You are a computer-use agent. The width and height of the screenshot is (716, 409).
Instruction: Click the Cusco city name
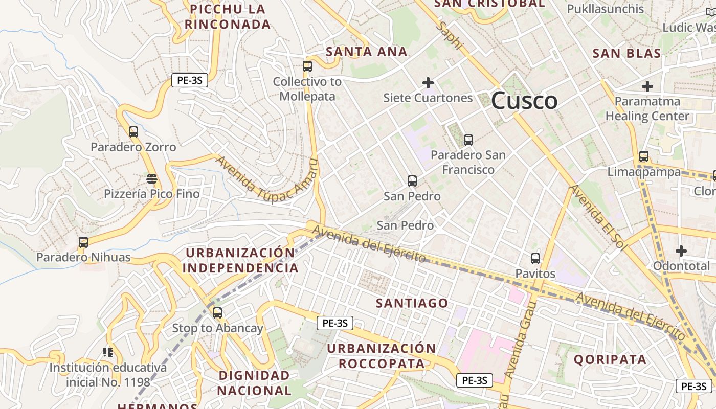(524, 101)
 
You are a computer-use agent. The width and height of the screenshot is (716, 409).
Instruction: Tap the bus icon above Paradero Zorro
(133, 132)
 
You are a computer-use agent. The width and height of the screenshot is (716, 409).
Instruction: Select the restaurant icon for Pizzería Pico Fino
(151, 179)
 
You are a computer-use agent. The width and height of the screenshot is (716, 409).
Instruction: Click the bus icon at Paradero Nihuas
(83, 242)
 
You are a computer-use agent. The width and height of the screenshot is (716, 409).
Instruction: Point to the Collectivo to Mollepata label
(307, 89)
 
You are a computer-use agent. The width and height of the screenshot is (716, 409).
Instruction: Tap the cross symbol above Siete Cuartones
(428, 82)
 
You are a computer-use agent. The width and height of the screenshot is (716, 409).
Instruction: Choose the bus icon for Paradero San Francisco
(468, 140)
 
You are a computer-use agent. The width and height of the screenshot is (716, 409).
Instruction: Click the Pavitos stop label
(535, 274)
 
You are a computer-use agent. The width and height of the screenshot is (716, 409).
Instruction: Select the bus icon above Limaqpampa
(644, 156)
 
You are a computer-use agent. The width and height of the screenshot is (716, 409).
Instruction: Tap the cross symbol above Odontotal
(681, 251)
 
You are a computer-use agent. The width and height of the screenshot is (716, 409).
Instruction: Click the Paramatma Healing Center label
(647, 109)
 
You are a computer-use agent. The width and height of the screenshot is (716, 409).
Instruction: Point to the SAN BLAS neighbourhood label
(626, 53)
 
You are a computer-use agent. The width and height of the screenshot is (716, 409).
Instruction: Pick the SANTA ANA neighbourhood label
(367, 52)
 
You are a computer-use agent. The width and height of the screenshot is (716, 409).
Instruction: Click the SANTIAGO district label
(412, 303)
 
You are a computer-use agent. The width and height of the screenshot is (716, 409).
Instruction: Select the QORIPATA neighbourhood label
(610, 359)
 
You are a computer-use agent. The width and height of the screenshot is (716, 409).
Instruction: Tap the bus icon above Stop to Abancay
(217, 312)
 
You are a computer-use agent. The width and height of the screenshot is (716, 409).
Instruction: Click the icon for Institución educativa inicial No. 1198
(108, 352)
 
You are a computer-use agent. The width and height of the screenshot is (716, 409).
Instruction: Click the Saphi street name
(451, 36)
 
